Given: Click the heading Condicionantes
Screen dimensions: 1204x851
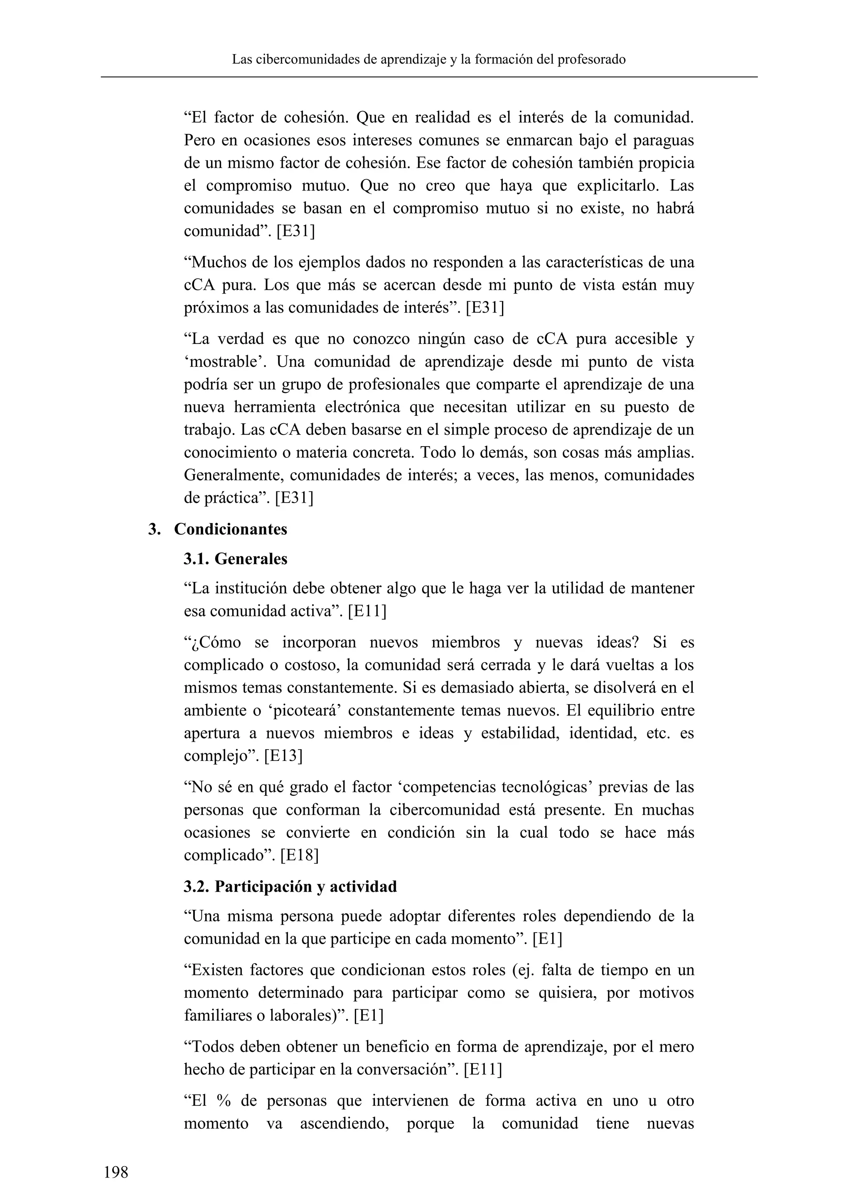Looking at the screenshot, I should [231, 529].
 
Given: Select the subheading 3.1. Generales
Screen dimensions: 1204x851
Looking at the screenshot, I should [235, 559].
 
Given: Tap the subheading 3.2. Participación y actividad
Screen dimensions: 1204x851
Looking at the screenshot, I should [290, 886].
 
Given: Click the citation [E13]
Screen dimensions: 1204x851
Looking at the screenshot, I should [283, 756].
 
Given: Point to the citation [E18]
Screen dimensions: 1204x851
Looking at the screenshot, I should [299, 855].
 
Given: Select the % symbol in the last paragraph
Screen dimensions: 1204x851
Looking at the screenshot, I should [223, 1101].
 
